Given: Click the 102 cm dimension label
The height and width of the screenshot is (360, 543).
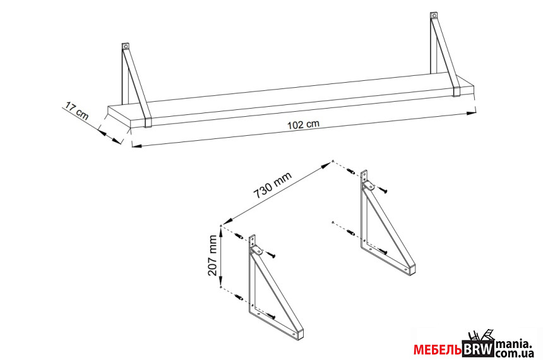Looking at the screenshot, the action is tap(303, 124).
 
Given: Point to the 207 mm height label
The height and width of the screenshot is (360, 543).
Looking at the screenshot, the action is tap(212, 255).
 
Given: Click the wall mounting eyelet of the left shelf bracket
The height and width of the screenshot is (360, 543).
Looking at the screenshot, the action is tap(126, 46).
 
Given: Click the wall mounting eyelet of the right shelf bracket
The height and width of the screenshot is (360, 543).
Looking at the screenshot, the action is tap(434, 16).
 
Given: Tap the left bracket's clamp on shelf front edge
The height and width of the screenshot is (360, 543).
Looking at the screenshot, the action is tap(148, 123).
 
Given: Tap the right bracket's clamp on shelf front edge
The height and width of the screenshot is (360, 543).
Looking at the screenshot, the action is tap(456, 92).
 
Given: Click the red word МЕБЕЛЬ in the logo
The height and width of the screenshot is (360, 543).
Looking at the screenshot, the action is tap(438, 350).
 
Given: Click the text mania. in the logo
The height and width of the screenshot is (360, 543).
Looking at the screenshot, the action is tap(513, 344).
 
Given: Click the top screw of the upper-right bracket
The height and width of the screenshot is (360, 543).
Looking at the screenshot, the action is tap(382, 189).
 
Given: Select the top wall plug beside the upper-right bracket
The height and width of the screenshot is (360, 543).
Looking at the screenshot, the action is tap(351, 172).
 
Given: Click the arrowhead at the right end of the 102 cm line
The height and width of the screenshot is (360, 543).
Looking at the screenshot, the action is tap(470, 113).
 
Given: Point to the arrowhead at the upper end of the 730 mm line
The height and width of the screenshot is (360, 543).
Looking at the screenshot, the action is tap(326, 165).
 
